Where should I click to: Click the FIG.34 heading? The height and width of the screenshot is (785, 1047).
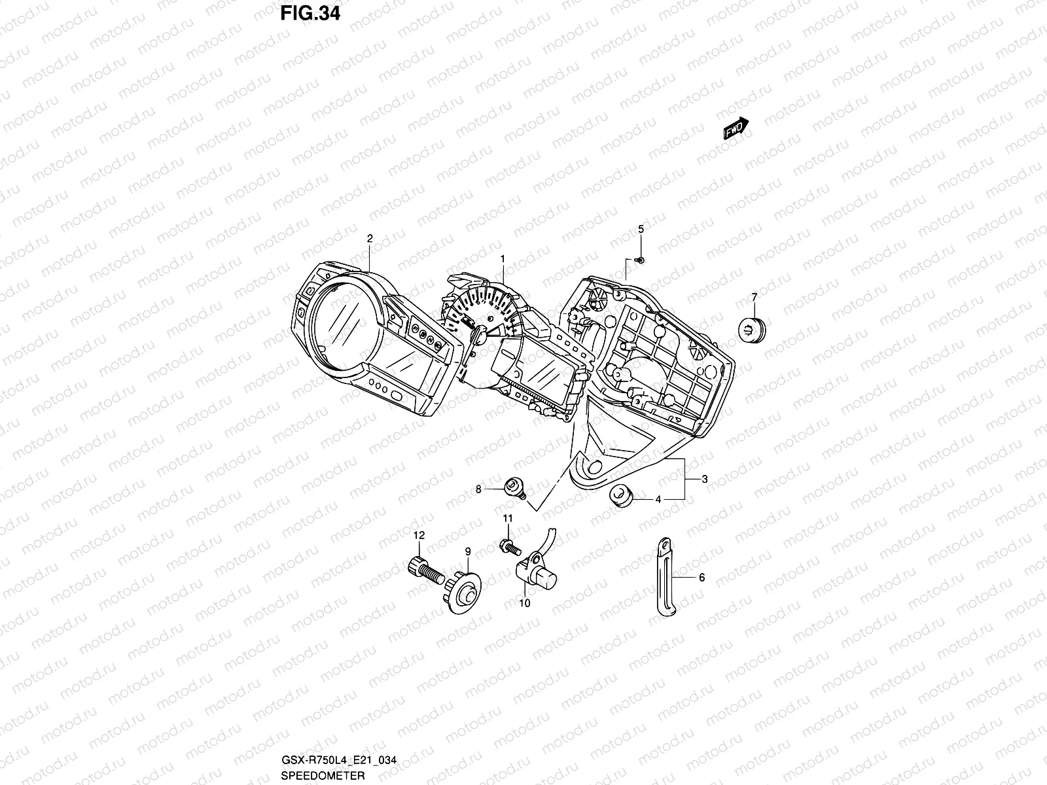tap(311, 14)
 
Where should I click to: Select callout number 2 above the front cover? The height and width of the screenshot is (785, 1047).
tap(370, 239)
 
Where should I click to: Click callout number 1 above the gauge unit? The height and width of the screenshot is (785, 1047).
tap(503, 259)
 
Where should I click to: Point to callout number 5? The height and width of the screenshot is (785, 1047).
tap(641, 229)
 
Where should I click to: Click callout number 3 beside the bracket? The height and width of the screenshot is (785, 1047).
tap(705, 480)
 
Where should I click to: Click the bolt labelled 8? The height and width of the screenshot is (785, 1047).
tap(515, 487)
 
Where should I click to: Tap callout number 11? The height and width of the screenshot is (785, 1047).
tap(506, 518)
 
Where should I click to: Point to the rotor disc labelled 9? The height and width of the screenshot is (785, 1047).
tap(465, 593)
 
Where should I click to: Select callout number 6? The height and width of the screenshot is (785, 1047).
tap(701, 578)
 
